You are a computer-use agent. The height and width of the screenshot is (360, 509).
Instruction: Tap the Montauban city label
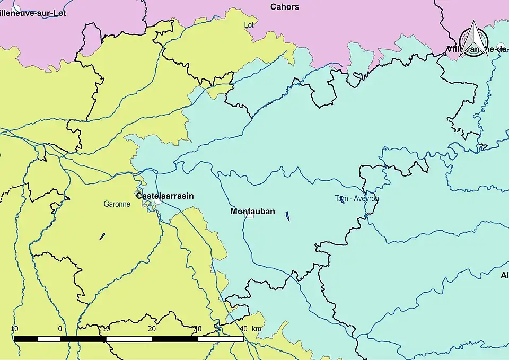[x=252, y=211]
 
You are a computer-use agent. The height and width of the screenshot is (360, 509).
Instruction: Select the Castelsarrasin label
[x=165, y=196]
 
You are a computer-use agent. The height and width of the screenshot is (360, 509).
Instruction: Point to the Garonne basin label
[x=117, y=204]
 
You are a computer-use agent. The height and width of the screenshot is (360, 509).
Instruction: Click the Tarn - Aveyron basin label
[x=356, y=199]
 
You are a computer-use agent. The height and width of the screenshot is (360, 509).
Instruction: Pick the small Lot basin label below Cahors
[x=249, y=25]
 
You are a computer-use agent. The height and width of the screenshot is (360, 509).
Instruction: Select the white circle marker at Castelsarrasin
[x=158, y=201]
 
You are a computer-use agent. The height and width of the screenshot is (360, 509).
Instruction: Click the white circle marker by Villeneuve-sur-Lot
[x=17, y=7]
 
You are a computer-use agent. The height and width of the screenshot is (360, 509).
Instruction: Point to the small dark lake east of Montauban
[x=287, y=216]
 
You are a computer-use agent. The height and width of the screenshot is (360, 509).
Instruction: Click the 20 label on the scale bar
[x=152, y=329]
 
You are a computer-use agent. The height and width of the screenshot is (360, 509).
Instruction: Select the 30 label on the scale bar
[x=197, y=329]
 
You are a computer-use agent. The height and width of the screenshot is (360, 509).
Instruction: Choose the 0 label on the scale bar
[x=60, y=329]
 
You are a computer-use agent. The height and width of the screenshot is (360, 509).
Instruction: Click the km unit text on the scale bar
[x=257, y=329]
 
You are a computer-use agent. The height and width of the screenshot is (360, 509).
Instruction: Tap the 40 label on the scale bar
[x=243, y=329]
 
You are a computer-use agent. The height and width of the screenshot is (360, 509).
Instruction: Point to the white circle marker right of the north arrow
[x=501, y=46]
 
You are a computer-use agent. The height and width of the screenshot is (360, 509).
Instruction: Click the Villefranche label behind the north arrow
[x=477, y=49]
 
